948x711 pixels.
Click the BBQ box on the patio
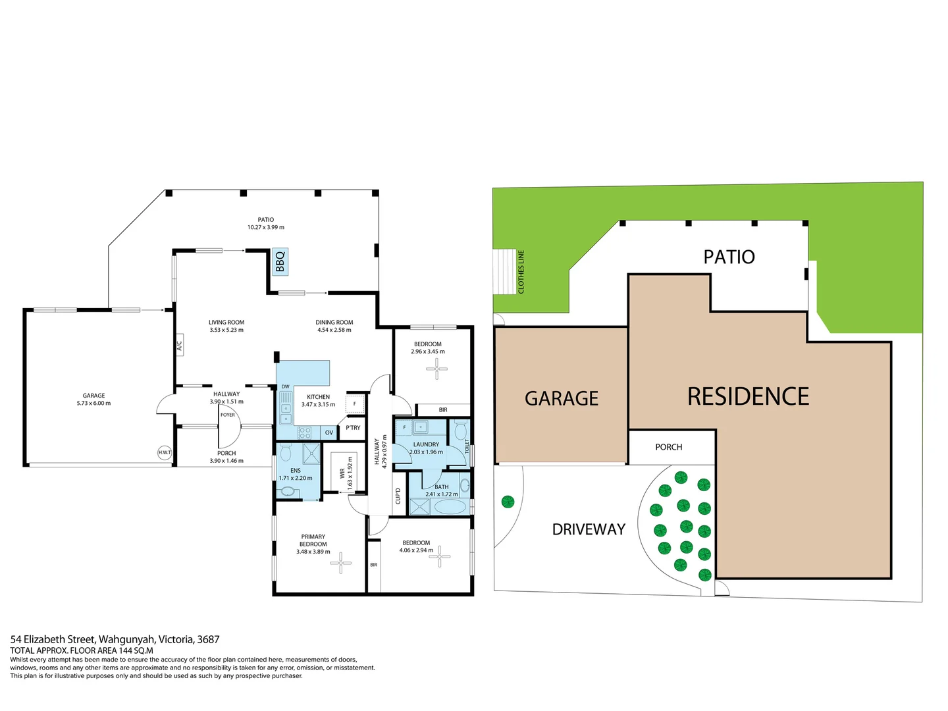coord(280,261)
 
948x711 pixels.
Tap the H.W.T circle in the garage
coord(164,452)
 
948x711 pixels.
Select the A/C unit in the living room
coord(179,345)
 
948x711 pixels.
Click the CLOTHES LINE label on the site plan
coord(521,271)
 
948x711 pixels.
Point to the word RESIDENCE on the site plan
coord(748,396)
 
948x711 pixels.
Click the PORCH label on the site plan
coord(668,447)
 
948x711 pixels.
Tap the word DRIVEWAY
coord(589,529)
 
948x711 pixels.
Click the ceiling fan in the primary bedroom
coord(340,562)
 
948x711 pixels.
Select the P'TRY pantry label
coord(353,428)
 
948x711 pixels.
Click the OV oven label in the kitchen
coord(329,433)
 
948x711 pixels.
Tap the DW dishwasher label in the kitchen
coord(285,387)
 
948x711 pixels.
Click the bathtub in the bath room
coord(450,507)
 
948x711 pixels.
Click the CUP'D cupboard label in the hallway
coord(398,496)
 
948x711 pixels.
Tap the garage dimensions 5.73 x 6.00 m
coord(93,403)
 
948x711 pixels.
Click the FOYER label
coord(228,415)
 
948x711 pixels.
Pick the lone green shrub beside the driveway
coord(508,502)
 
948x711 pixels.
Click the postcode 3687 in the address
coord(208,639)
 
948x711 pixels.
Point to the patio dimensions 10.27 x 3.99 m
coord(266,227)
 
